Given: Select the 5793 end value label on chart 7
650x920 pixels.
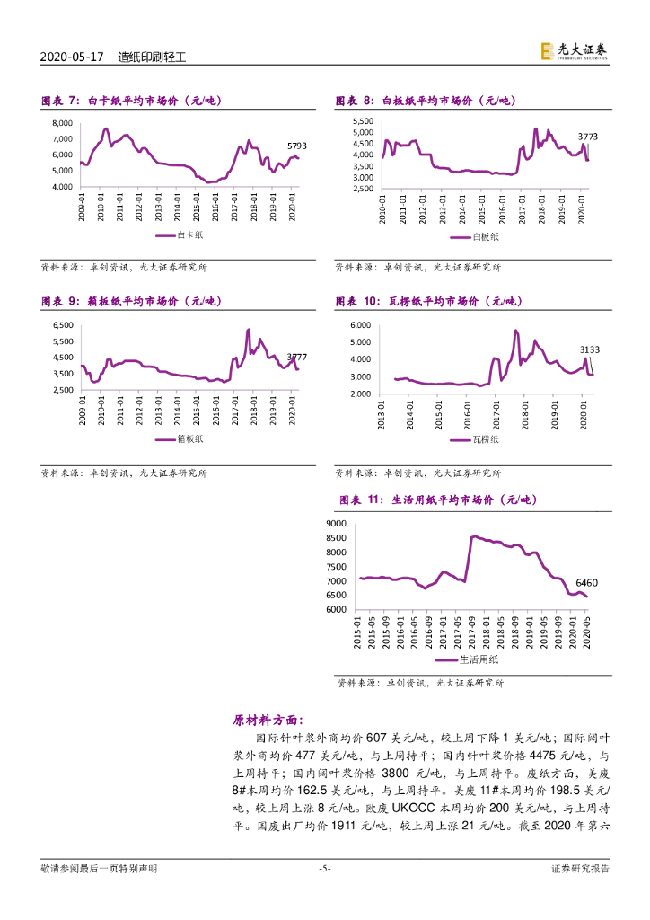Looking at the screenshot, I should click(x=297, y=146).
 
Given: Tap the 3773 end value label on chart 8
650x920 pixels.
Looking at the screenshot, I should click(x=587, y=137).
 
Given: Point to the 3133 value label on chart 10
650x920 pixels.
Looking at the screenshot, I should click(x=590, y=349).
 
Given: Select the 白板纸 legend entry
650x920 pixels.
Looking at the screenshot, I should click(x=479, y=237).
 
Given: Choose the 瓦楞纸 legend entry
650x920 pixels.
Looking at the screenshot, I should click(x=479, y=439).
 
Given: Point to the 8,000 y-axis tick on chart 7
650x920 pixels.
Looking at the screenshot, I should click(x=62, y=122).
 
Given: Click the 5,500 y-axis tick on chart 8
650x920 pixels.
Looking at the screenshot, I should click(x=362, y=120).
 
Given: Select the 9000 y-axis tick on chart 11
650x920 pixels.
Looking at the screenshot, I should click(x=336, y=523).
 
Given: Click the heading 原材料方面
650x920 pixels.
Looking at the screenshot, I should click(x=268, y=720).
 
